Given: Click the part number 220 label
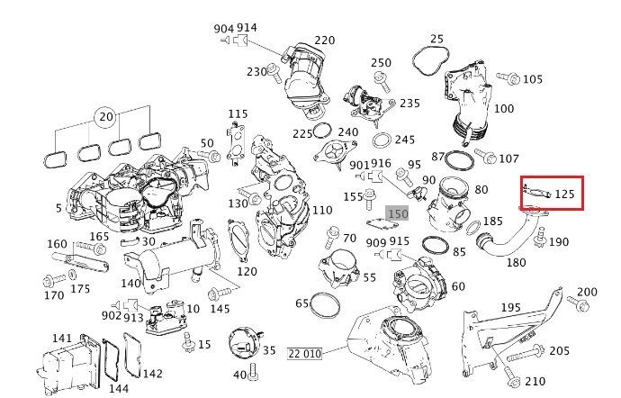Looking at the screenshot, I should (324, 41).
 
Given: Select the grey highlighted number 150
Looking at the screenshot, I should (398, 214).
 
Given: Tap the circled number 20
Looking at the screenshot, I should (106, 118).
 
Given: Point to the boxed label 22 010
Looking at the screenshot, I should (304, 353).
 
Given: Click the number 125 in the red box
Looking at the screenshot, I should (565, 194).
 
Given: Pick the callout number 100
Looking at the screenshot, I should (504, 109).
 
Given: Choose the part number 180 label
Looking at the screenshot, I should (516, 263).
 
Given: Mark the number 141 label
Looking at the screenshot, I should (61, 339).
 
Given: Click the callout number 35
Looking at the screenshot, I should (268, 349).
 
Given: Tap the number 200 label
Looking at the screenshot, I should (587, 292).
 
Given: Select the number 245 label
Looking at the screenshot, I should (405, 140).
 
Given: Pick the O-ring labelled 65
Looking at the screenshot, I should (326, 306).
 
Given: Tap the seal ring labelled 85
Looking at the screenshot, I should (435, 244).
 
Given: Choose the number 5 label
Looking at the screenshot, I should (58, 209).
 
